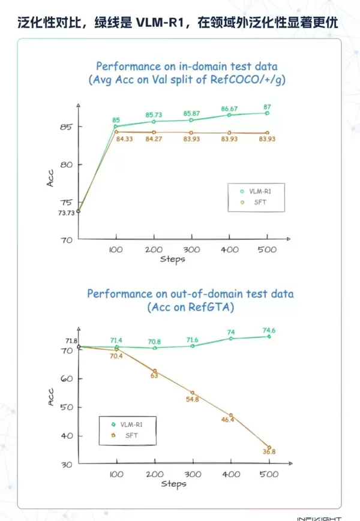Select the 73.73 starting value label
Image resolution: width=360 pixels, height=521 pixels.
(x=65, y=213)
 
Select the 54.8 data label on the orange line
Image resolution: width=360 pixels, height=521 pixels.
(x=192, y=399)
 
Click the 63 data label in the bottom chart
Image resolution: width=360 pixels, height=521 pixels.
(x=154, y=375)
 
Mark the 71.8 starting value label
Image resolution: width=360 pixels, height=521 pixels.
(x=71, y=341)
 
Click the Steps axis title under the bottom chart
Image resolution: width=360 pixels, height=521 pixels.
(x=173, y=483)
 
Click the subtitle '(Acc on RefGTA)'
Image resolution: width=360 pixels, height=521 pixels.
(x=190, y=307)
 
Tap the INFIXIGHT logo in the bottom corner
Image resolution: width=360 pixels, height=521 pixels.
(x=319, y=518)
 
